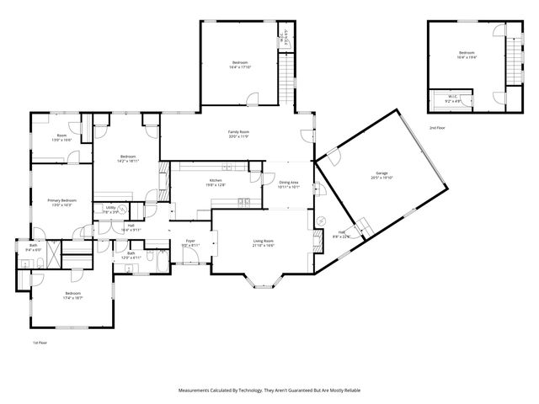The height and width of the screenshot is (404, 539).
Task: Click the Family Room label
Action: tap(238, 132)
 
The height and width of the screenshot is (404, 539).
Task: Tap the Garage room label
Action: tap(382, 173)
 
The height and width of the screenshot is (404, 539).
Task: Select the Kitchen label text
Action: tap(216, 181)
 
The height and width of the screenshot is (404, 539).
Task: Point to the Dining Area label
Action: tap(289, 182)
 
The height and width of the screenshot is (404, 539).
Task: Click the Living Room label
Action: tap(264, 241)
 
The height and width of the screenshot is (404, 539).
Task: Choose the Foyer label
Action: tap(189, 241)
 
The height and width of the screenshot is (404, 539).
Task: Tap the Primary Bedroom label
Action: tap(62, 200)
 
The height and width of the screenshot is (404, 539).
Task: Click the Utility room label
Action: tap(110, 207)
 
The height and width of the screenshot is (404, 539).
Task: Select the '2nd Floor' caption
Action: tap(437, 127)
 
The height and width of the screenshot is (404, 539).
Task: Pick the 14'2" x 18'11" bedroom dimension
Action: tap(129, 160)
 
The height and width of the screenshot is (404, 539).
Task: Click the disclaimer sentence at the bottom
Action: tap(269, 391)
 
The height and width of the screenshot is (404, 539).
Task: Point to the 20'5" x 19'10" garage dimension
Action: tap(382, 178)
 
